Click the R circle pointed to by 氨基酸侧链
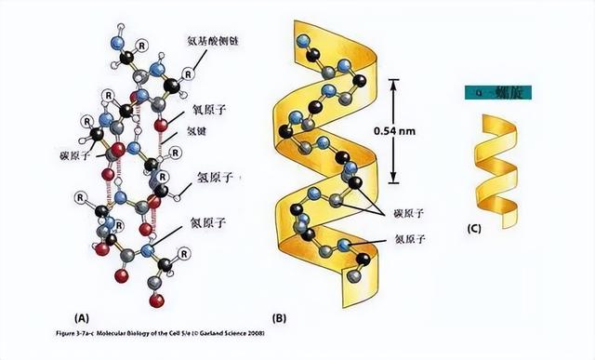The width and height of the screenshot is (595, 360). coord(189,72)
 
